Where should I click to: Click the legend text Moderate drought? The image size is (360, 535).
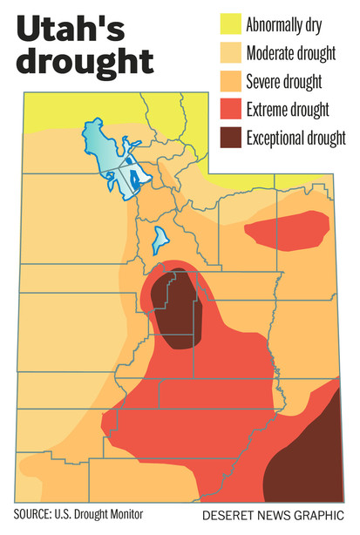(291, 54)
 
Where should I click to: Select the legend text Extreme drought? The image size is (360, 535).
(289, 110)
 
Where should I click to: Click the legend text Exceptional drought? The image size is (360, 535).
(296, 138)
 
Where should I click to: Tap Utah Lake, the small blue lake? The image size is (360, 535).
(160, 238)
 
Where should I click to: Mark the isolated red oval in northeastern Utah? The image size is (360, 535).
(287, 228)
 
